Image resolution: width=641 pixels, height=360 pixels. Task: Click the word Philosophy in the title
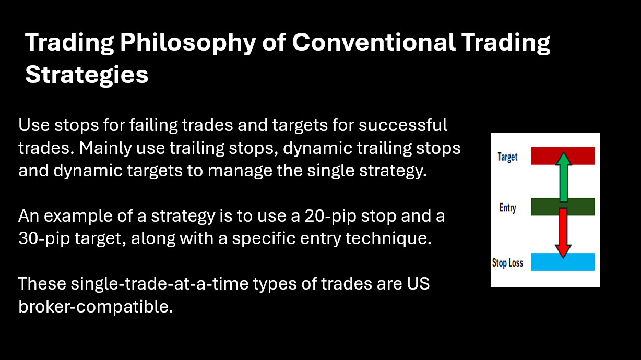pyautogui.click(x=188, y=43)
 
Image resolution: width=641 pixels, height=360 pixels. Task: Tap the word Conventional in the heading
pyautogui.click(x=373, y=42)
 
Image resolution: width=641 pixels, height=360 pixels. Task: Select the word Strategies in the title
pyautogui.click(x=87, y=75)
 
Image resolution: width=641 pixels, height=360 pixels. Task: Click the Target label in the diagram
pyautogui.click(x=507, y=157)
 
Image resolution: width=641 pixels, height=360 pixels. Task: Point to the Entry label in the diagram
pyautogui.click(x=507, y=208)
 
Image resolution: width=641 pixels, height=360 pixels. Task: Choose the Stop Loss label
pyautogui.click(x=507, y=263)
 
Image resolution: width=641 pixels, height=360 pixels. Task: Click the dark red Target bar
pyautogui.click(x=563, y=156)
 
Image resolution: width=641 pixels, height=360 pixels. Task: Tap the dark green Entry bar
pyautogui.click(x=563, y=207)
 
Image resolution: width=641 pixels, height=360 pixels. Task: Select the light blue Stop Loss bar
pyautogui.click(x=563, y=262)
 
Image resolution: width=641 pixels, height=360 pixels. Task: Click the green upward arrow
pyautogui.click(x=563, y=177)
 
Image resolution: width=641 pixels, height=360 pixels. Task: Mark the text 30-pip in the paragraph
pyautogui.click(x=44, y=239)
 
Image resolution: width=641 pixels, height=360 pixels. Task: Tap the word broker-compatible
pyautogui.click(x=96, y=307)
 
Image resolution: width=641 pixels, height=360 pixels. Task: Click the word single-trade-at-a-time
pyautogui.click(x=160, y=284)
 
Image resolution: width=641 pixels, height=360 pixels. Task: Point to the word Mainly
pyautogui.click(x=105, y=149)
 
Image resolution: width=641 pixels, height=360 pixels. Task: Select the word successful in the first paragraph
pyautogui.click(x=403, y=125)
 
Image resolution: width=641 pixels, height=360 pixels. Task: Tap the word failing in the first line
pyautogui.click(x=153, y=126)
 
